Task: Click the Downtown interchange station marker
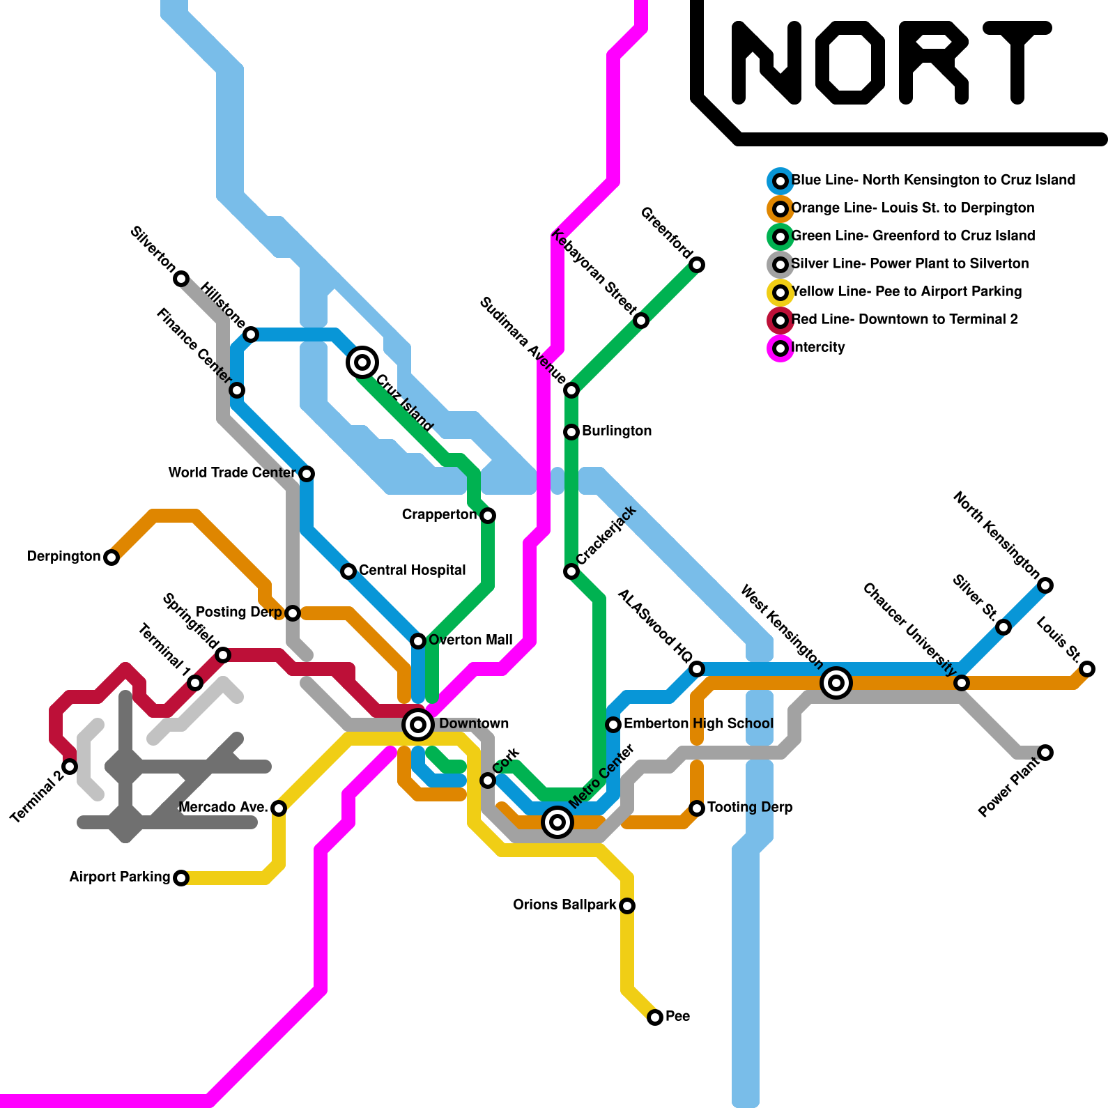pos(418,725)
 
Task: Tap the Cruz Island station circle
pos(362,362)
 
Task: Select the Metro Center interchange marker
pos(557,822)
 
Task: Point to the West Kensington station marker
pos(836,683)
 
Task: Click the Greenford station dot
pos(697,265)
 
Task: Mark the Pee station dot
pos(655,1017)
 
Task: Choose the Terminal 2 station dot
pos(70,767)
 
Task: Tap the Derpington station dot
pos(111,557)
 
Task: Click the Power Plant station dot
pos(1045,753)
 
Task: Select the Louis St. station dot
pos(1087,669)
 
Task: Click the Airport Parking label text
pos(119,877)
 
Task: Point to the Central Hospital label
pos(412,571)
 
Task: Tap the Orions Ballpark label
pos(564,905)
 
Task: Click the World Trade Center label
pos(232,473)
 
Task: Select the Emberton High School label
pos(698,724)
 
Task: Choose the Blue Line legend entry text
pos(933,180)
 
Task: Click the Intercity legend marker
pos(780,348)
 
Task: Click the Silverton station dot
pos(181,279)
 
